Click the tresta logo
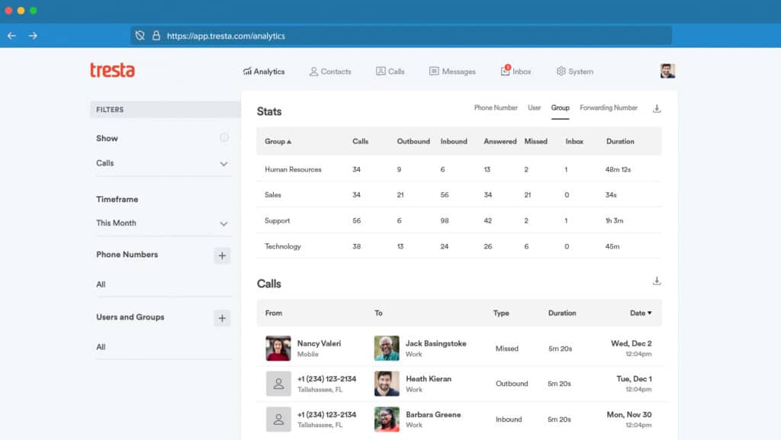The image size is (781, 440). click(x=112, y=70)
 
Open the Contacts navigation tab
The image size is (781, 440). click(x=330, y=72)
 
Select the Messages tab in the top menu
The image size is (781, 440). click(x=452, y=72)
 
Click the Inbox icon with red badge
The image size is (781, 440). click(x=505, y=71)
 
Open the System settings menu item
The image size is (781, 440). click(x=574, y=72)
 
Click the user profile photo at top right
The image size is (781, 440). click(x=667, y=71)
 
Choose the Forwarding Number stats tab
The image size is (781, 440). click(x=608, y=108)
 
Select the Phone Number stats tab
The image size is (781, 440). click(x=496, y=108)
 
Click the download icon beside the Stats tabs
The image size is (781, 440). click(x=657, y=108)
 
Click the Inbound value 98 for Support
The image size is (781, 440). click(x=445, y=220)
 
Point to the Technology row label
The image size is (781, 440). click(x=282, y=246)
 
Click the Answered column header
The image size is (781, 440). click(x=500, y=141)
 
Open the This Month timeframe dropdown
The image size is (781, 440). click(x=162, y=223)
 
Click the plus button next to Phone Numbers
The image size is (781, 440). click(x=222, y=255)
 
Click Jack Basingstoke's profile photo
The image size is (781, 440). click(x=387, y=348)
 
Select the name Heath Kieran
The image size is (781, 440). click(x=428, y=379)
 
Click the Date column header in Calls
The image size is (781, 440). click(x=640, y=313)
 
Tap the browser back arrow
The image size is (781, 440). click(x=11, y=36)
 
